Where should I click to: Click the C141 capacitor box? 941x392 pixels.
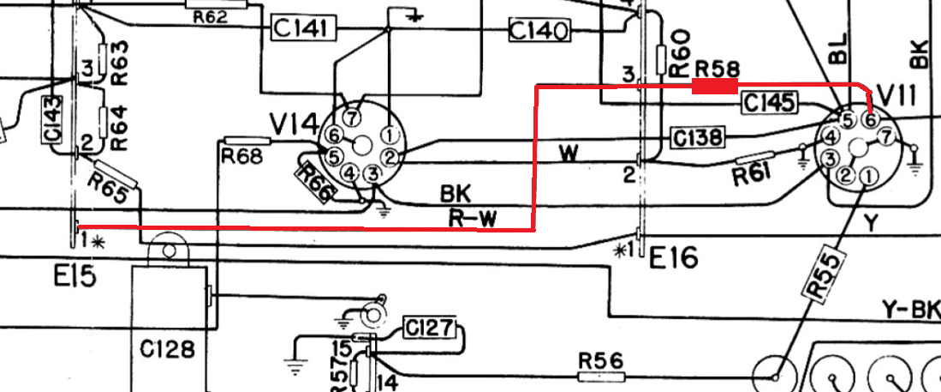[304, 27]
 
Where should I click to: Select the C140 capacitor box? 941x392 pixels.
[539, 29]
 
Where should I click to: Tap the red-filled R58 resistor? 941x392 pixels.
[715, 87]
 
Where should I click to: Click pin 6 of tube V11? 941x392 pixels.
[870, 119]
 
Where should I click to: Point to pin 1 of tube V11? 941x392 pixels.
[867, 176]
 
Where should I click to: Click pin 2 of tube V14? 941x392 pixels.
[390, 158]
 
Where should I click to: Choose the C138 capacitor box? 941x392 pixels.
[697, 137]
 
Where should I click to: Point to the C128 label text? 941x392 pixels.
[168, 349]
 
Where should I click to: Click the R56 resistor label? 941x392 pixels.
[601, 361]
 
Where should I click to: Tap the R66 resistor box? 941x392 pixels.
[314, 183]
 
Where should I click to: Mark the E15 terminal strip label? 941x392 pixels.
[74, 277]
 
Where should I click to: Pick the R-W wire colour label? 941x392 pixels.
[473, 219]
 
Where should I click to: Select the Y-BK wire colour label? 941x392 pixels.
[911, 309]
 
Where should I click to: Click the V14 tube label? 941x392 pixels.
[294, 125]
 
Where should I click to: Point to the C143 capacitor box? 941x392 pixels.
[53, 119]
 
